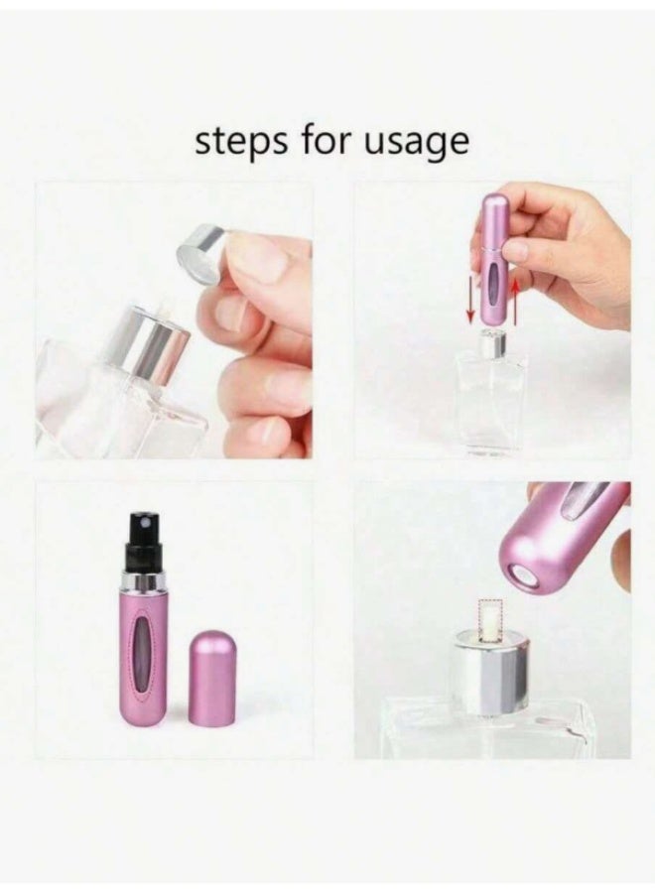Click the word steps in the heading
(x=235, y=142)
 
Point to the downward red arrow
(x=469, y=292)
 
